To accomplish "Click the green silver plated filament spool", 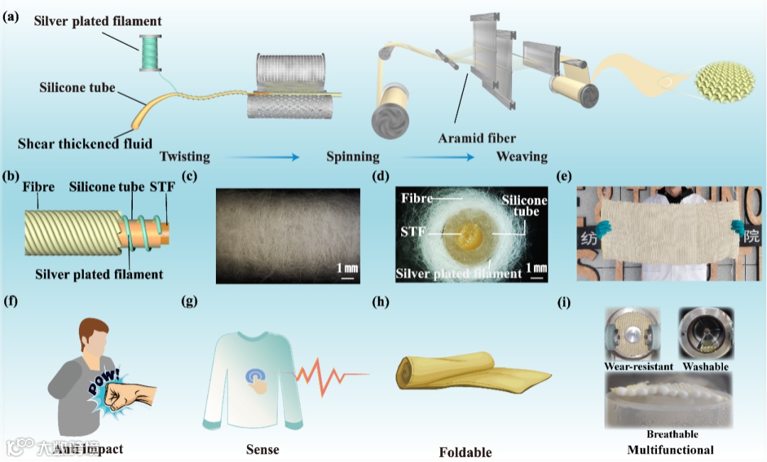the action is pos(152,53).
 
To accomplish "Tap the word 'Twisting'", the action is pos(185,156).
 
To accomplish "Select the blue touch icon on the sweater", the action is pos(257,378).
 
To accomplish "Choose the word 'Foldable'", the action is pos(464,451).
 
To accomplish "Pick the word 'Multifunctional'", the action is pos(670,449).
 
